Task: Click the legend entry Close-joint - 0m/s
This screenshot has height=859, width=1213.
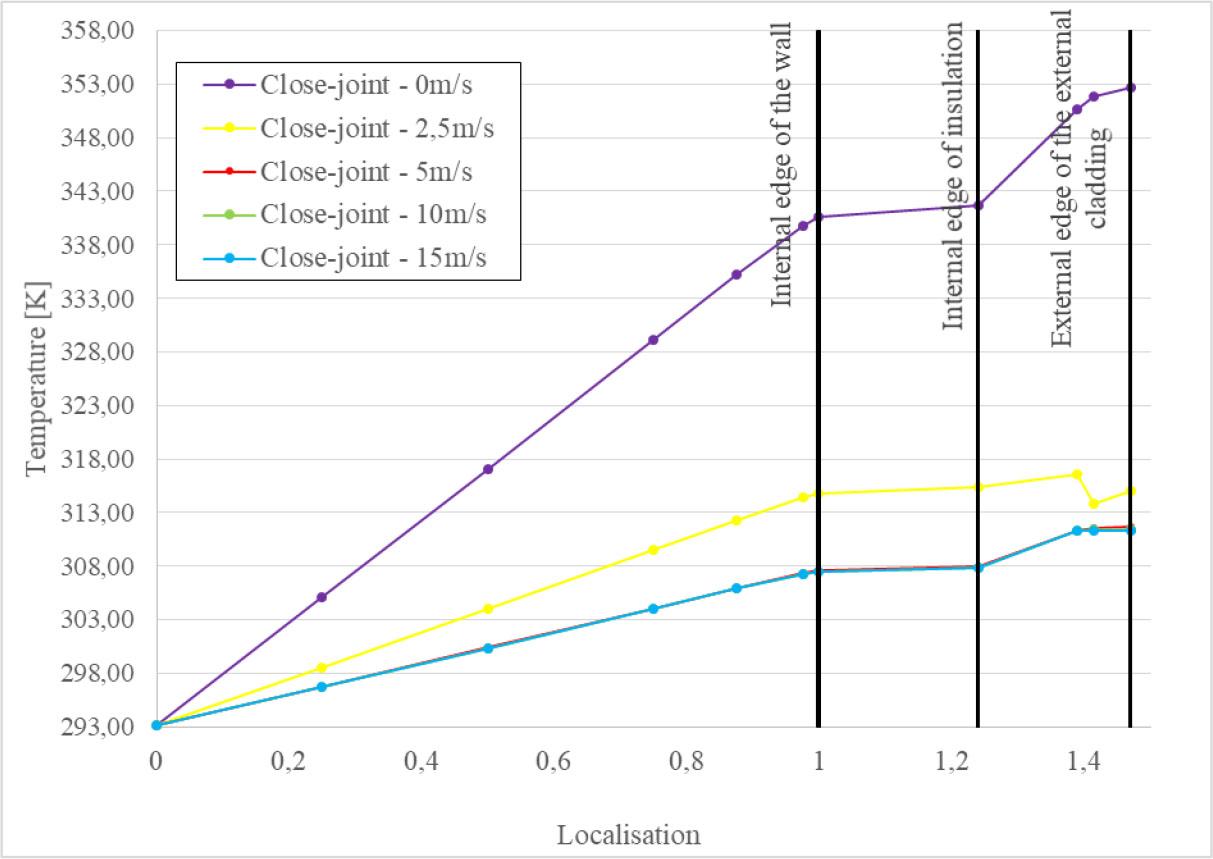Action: pos(366,84)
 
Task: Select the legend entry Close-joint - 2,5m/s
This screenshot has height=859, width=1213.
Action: pos(376,128)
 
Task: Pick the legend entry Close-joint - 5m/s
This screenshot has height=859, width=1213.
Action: pos(366,171)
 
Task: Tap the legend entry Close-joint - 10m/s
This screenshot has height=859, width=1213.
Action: pos(373,214)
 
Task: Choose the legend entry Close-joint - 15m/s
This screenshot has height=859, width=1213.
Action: pos(373,257)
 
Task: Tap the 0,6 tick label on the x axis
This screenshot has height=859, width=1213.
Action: pos(552,762)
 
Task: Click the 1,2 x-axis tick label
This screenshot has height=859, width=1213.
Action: pos(951,762)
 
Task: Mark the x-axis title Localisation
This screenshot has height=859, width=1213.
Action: pos(629,834)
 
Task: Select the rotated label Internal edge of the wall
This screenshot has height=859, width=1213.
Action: pos(782,165)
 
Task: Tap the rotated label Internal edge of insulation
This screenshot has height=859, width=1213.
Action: pos(954,175)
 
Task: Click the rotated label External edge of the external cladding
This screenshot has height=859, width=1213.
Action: pos(1080,178)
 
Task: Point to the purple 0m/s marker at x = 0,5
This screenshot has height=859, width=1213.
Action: pos(488,469)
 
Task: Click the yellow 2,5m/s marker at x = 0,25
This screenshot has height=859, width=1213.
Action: pos(322,667)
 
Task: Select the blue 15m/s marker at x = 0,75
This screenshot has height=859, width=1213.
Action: pos(653,608)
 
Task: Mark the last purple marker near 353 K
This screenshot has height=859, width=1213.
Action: pos(1131,88)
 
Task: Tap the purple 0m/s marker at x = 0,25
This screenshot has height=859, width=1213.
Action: pos(322,597)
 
